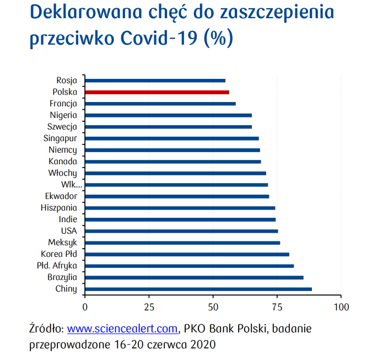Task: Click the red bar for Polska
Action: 157,92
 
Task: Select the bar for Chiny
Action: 198,289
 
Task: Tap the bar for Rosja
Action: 155,80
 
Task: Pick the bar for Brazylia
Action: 194,277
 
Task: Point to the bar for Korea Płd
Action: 187,254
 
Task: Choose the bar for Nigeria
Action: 168,115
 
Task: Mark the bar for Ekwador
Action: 177,196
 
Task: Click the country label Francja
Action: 63,104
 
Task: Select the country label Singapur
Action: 60,138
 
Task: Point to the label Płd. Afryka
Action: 57,266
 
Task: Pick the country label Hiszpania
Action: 59,208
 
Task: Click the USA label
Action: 69,231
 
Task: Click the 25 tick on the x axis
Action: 149,307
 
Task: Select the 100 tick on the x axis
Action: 341,307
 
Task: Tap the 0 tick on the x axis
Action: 85,307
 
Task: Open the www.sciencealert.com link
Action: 123,329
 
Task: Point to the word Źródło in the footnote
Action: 46,329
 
